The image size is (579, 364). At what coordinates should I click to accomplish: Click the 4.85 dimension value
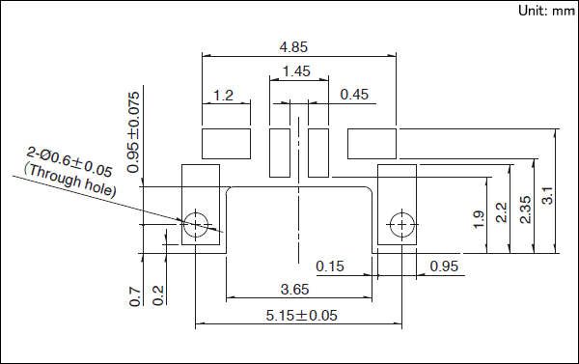[x=293, y=47]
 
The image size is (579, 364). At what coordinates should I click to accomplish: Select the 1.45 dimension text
[x=296, y=71]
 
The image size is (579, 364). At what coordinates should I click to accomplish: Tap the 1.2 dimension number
[x=224, y=96]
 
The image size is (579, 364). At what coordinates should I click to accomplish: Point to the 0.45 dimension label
[x=354, y=95]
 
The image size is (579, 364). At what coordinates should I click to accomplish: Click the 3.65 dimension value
[x=294, y=290]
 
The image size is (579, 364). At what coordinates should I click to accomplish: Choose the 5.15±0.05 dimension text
[x=302, y=316]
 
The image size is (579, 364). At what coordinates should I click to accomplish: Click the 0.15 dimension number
[x=330, y=266]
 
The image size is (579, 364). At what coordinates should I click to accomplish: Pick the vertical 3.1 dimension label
[x=547, y=195]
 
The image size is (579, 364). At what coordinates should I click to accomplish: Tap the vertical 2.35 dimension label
[x=525, y=210]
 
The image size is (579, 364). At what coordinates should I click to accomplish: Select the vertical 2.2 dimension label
[x=501, y=212]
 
